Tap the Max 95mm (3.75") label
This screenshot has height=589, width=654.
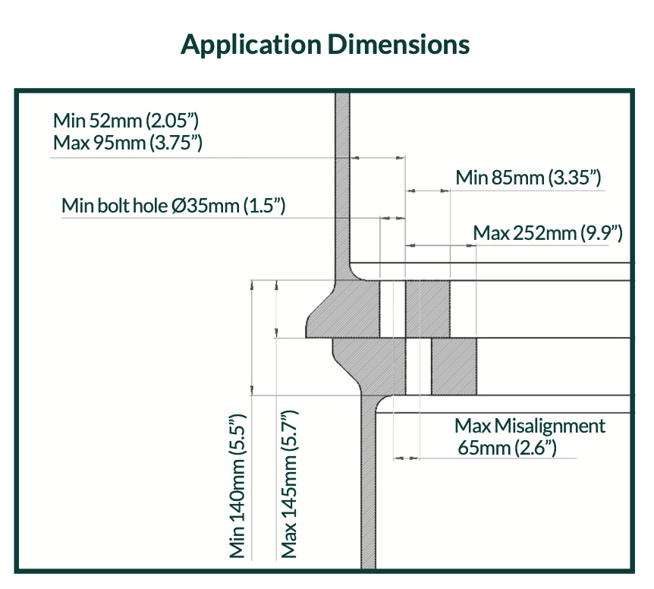[x=127, y=142]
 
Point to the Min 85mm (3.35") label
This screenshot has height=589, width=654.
[x=528, y=178]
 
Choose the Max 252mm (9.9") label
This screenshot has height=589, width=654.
[x=547, y=233]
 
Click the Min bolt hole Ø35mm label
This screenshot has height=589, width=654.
[x=174, y=206]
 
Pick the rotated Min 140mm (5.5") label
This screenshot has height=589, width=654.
[x=237, y=487]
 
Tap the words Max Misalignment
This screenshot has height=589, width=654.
[x=530, y=426]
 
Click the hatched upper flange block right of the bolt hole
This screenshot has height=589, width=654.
[x=428, y=309]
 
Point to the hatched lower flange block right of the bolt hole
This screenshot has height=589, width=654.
[x=454, y=366]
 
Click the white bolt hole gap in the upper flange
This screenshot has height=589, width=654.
[x=392, y=309]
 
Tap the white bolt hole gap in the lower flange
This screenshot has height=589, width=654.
[x=418, y=366]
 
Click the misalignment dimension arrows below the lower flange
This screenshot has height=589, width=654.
[x=406, y=458]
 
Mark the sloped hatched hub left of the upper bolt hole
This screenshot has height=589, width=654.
[x=341, y=310]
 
